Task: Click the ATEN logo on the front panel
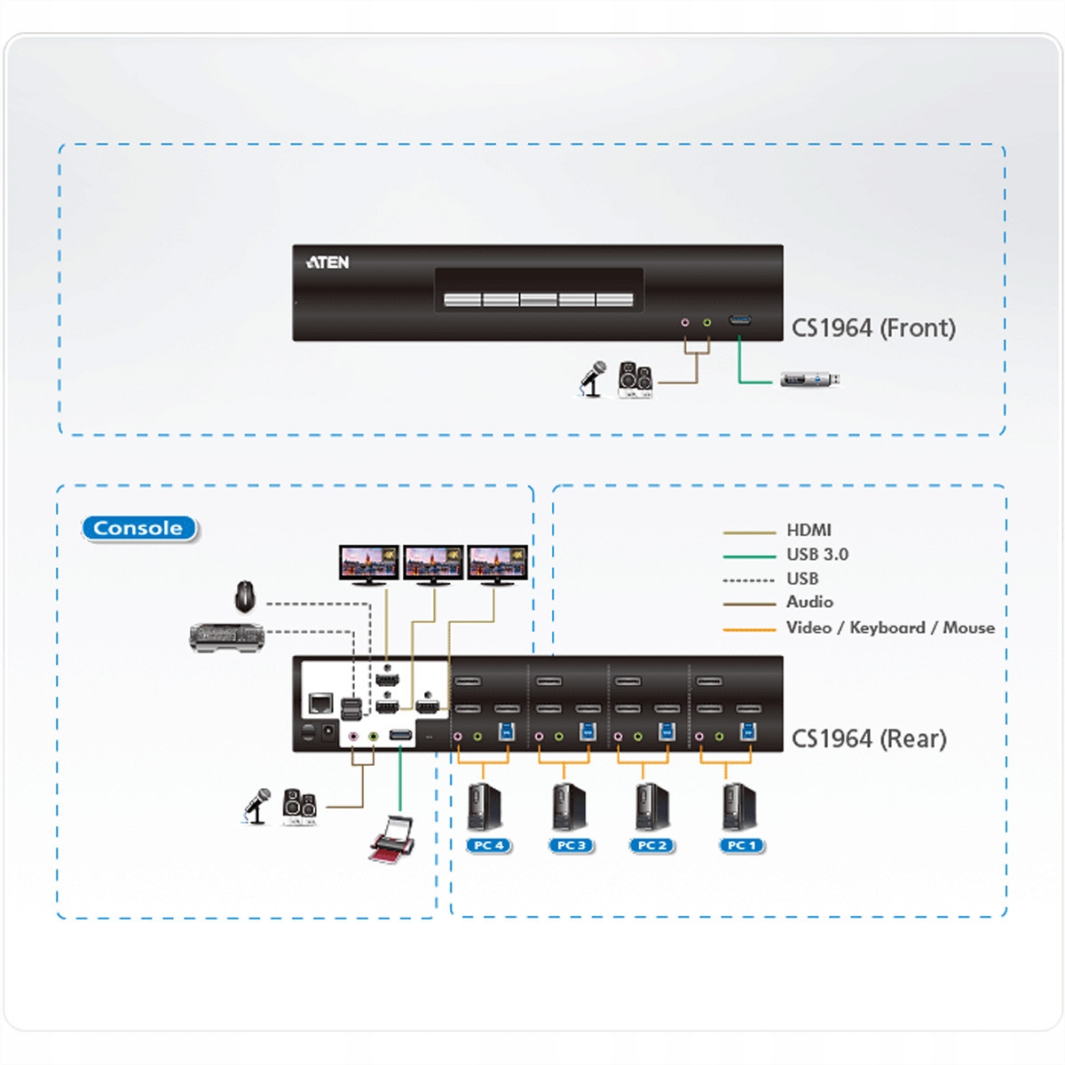pos(327,262)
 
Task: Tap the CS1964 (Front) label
pos(873,328)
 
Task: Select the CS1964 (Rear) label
pos(869,738)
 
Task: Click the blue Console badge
pos(138,528)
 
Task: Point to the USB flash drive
pos(809,380)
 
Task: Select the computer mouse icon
pos(245,596)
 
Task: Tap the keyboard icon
pos(227,635)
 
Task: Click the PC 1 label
pos(742,846)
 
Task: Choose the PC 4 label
pos(488,846)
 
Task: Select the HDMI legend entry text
pos(809,530)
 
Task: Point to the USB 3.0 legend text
pos(816,555)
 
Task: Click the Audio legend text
pos(809,602)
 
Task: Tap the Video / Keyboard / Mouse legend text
pos(889,627)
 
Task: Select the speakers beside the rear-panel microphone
pos(299,806)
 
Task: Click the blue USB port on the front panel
pos(740,320)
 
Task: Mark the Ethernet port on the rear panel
pos(319,705)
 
